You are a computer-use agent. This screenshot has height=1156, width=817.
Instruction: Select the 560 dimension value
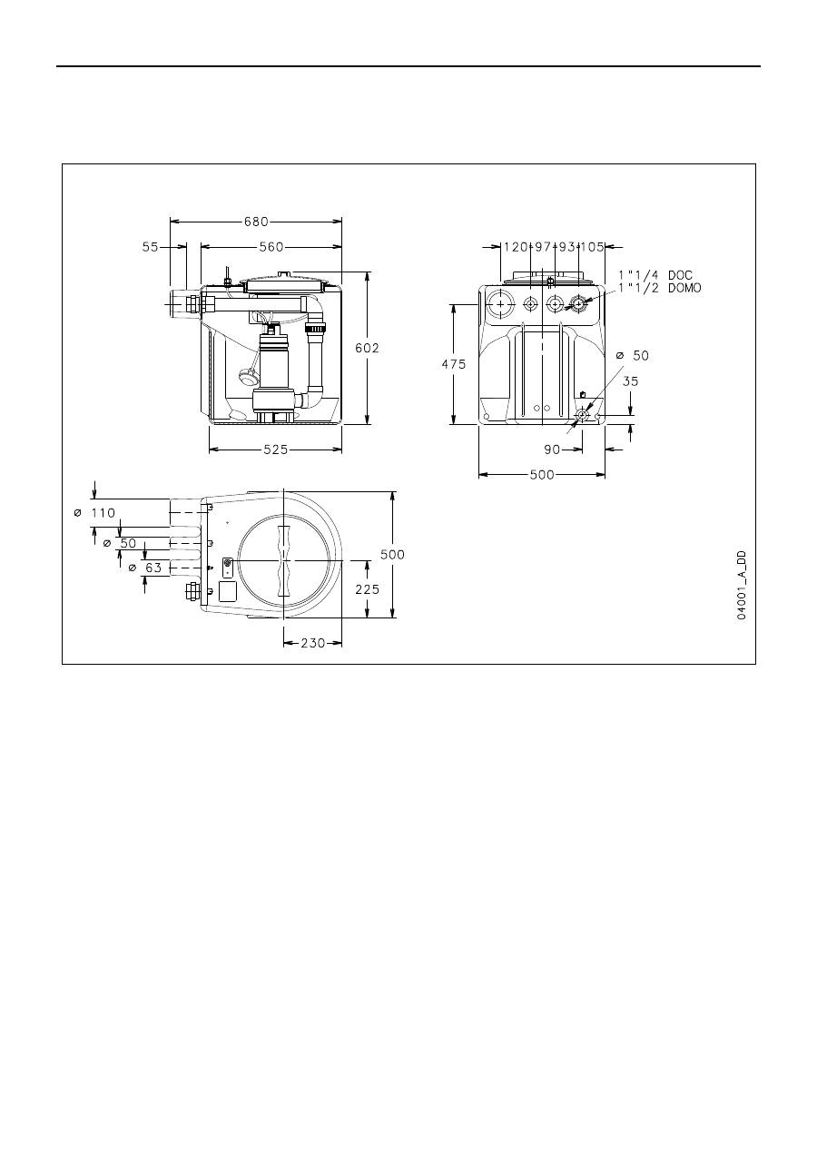pyautogui.click(x=271, y=246)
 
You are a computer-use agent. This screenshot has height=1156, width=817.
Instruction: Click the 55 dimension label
pyautogui.click(x=151, y=246)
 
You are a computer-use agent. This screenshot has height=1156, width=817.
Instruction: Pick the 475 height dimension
pyautogui.click(x=453, y=364)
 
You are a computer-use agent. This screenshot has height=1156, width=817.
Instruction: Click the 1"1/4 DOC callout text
pyautogui.click(x=655, y=275)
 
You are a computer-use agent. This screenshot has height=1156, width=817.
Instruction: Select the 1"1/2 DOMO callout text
pyautogui.click(x=660, y=288)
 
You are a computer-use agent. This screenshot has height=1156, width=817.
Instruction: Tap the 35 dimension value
pyautogui.click(x=630, y=381)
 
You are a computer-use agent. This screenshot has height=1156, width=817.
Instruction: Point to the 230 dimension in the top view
pyautogui.click(x=312, y=643)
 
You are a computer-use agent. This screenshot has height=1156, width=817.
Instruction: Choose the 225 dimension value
pyautogui.click(x=367, y=588)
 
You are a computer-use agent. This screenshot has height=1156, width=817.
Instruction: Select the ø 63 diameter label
pyautogui.click(x=146, y=568)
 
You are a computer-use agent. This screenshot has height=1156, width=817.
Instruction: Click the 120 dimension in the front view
pyautogui.click(x=516, y=246)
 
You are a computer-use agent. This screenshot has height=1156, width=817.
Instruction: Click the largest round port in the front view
pyautogui.click(x=499, y=304)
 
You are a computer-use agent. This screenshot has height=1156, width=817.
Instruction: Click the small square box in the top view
pyautogui.click(x=229, y=592)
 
